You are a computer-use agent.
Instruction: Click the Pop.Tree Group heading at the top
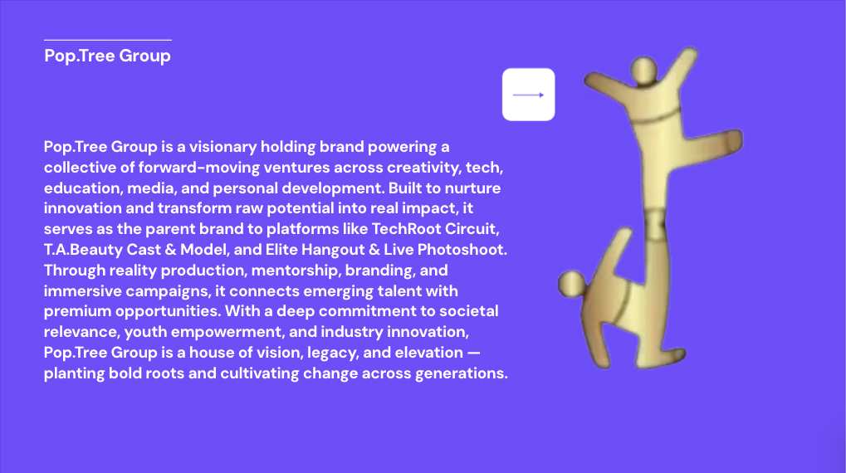coord(107,56)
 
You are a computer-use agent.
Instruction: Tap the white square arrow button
coord(528,95)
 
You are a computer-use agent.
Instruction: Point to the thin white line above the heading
coord(108,40)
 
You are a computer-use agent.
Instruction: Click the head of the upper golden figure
coord(643,70)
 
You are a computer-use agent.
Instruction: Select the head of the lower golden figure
coord(571,284)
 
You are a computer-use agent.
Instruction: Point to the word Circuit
coord(472,229)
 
